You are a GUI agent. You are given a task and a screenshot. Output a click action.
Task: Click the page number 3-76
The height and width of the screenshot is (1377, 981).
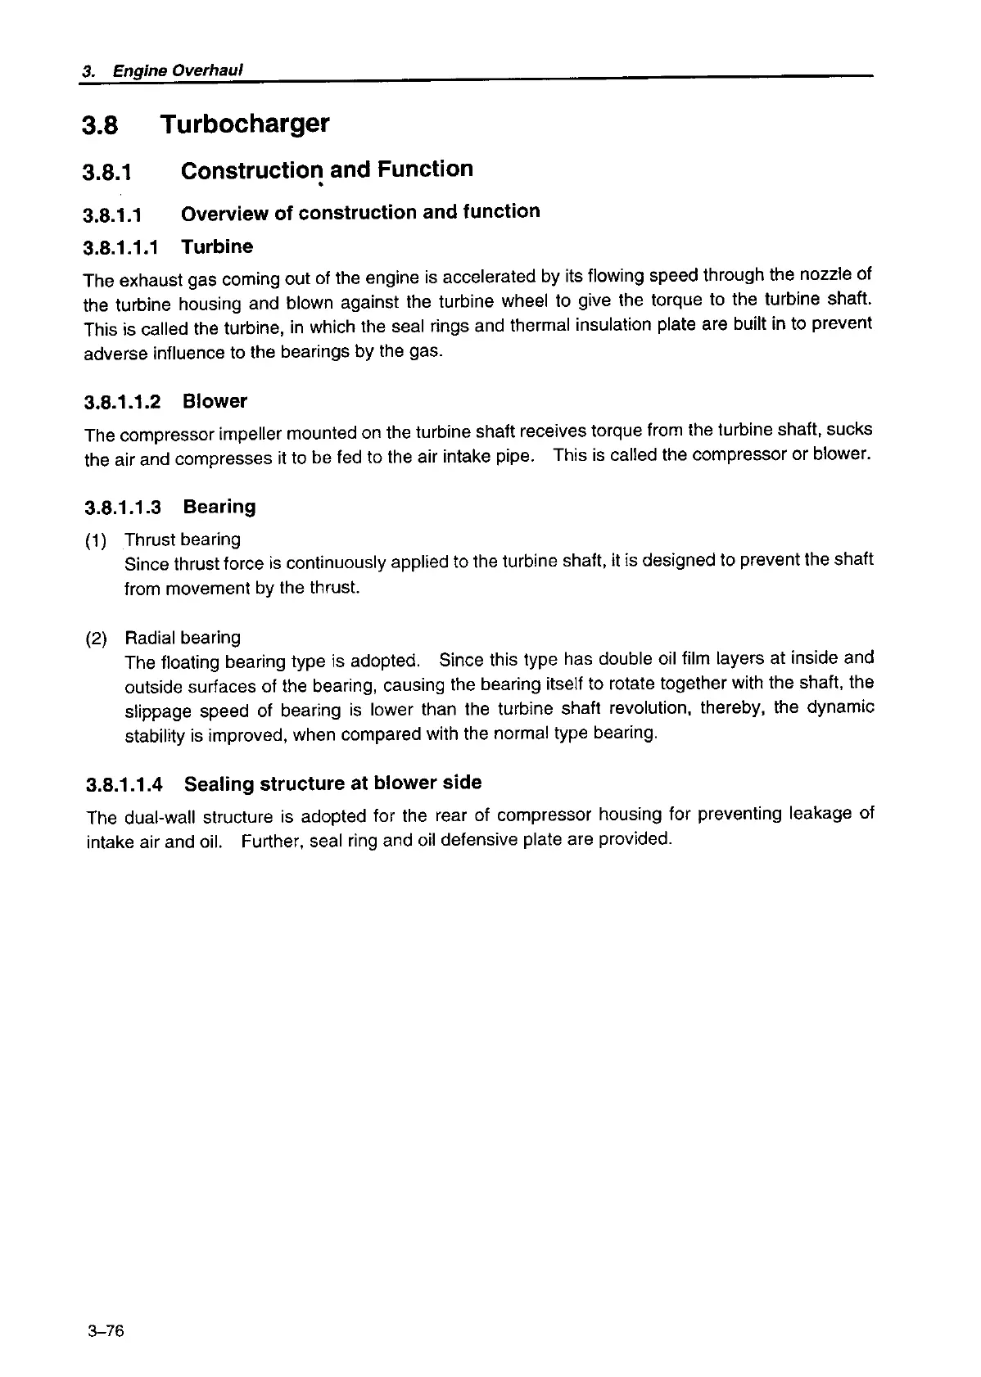point(103,1332)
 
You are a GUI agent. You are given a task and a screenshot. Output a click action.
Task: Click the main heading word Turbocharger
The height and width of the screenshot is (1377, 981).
point(245,124)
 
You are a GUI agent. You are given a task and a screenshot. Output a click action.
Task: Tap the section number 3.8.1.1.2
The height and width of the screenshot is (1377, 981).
point(123,403)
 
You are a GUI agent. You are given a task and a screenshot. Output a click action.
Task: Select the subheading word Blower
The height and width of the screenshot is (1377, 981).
point(215,401)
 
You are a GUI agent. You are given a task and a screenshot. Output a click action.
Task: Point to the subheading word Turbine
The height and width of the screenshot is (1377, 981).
point(217,246)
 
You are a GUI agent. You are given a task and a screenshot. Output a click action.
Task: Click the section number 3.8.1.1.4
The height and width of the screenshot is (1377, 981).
point(124,785)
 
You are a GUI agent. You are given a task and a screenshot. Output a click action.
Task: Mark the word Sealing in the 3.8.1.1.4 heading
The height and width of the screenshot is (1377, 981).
point(219,784)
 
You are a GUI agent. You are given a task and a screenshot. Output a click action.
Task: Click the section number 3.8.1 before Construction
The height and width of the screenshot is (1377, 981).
point(107,172)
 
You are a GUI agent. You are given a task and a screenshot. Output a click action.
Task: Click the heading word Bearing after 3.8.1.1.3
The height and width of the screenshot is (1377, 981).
point(219,507)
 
